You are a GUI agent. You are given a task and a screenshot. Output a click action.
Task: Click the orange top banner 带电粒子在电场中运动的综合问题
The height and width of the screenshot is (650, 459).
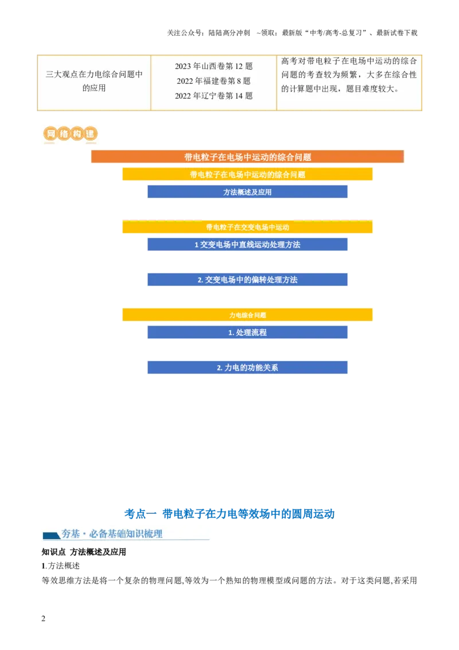[x=247, y=157]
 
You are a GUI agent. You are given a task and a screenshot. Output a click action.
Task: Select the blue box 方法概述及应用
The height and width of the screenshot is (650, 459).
[x=247, y=192]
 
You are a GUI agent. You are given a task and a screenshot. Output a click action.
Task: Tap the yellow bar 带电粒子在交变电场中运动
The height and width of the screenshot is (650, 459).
[x=247, y=227]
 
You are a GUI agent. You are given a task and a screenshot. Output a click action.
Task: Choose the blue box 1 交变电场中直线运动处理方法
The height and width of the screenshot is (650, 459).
[x=247, y=245]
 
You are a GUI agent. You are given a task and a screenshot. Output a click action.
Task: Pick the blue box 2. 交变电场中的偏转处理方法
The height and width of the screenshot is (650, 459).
[x=247, y=280]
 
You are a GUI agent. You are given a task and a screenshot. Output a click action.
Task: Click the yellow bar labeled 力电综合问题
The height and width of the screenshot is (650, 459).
[x=247, y=315]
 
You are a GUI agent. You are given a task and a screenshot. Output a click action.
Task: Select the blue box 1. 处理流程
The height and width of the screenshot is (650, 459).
[x=247, y=332]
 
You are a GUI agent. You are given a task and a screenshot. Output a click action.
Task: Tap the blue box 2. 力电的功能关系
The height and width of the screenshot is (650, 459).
[x=247, y=367]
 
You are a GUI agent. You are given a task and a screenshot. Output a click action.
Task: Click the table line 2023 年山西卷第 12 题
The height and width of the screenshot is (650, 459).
[x=214, y=67]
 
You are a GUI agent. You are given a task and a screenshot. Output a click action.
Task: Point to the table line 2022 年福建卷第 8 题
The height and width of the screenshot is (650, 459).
[x=214, y=81]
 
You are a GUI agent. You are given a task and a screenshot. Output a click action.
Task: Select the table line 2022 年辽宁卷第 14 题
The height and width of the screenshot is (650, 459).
[x=214, y=96]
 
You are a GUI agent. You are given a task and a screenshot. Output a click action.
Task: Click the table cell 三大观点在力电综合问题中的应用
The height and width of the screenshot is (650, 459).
[x=94, y=81]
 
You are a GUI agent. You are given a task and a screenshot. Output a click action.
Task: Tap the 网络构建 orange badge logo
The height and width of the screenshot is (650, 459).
[x=70, y=134]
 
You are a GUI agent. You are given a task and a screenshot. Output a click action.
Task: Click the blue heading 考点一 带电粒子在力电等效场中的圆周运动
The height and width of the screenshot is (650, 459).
[x=229, y=514]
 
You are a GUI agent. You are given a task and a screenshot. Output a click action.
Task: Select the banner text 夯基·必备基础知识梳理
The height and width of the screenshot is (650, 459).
[x=112, y=534]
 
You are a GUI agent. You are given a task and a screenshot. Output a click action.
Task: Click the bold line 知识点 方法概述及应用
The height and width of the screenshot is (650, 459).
[x=84, y=552]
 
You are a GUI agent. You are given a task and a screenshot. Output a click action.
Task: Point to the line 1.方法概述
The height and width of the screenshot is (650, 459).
[x=60, y=566]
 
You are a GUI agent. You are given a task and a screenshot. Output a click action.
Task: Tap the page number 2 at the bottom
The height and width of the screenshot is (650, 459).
[x=44, y=618]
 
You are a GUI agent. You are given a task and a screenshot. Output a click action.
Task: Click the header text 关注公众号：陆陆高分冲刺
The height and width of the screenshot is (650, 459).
[x=208, y=33]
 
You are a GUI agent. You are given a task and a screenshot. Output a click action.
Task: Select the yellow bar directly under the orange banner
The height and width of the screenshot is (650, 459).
[x=247, y=174]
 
